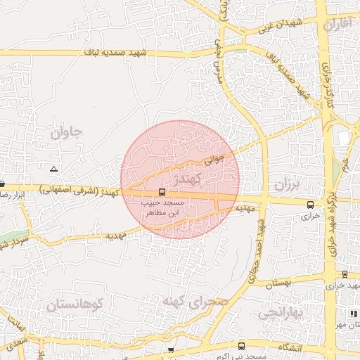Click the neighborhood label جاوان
coord(67,131)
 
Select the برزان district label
coord(287,186)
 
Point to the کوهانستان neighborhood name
coord(75,305)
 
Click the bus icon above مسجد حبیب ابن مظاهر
coord(162,192)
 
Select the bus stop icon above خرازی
coord(311,205)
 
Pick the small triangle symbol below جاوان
coord(54,169)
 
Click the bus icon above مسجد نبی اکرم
coord(241,346)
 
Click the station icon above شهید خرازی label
coord(345,274)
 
